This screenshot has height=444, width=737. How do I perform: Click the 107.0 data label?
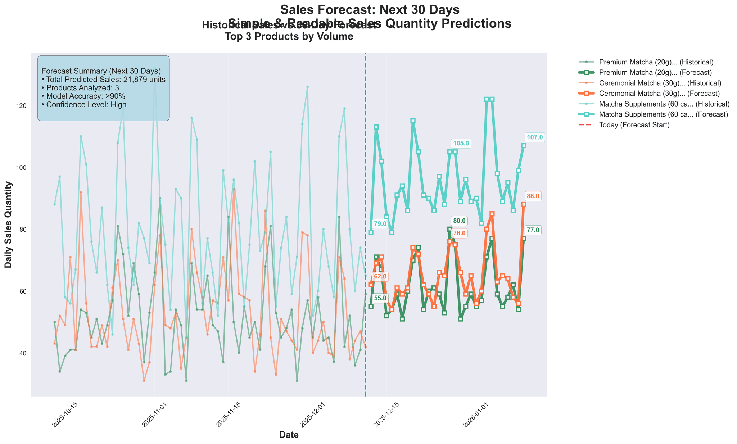534,137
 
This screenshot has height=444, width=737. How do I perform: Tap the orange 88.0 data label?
533,196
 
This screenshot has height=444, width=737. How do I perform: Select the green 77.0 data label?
533,230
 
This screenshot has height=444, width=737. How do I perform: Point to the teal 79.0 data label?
380,224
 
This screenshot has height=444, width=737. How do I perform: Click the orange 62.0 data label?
380,276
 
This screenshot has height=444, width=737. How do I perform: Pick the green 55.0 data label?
380,298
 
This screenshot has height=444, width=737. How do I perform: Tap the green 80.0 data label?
459,221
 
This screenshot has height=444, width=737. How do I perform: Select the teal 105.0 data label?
461,143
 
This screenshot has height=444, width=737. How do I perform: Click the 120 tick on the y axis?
24,106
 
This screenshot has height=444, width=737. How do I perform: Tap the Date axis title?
289,435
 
